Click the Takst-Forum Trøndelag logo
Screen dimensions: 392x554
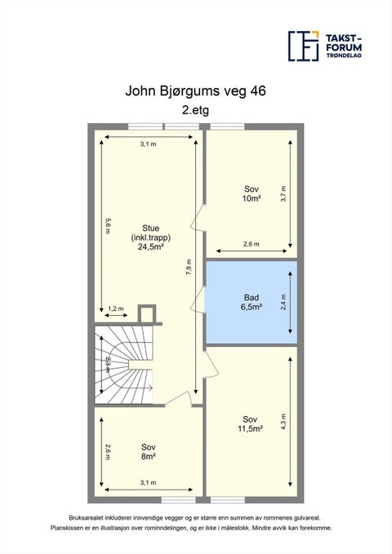click(x=325, y=46)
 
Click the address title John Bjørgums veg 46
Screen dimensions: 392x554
click(x=195, y=91)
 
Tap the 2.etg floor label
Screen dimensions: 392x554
click(x=195, y=110)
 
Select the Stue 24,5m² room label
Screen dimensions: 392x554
click(x=150, y=237)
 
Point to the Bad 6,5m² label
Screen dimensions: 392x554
click(x=252, y=302)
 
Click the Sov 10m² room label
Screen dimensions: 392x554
click(x=252, y=193)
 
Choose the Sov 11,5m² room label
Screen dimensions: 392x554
click(x=250, y=424)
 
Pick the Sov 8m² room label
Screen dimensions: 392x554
click(x=149, y=451)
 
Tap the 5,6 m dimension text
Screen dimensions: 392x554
click(x=108, y=226)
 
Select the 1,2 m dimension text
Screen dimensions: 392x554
click(x=116, y=308)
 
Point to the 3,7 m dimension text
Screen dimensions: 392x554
click(x=283, y=193)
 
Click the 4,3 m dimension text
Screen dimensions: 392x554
click(x=283, y=422)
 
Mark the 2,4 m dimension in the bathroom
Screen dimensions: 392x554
click(x=283, y=303)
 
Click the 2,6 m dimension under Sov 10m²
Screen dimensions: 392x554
click(x=252, y=244)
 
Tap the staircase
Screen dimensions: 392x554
click(x=123, y=365)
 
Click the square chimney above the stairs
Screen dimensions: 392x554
click(x=147, y=314)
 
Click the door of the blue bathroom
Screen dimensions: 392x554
click(x=198, y=299)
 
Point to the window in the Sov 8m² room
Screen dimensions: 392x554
click(x=179, y=500)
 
